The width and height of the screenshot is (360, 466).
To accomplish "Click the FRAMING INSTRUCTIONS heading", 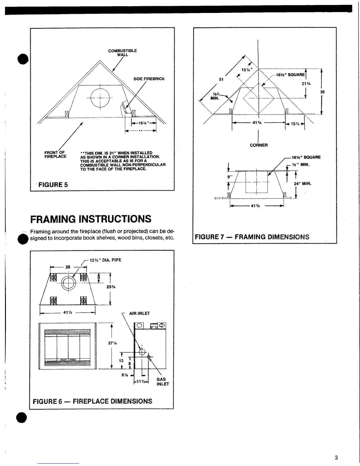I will [91, 219].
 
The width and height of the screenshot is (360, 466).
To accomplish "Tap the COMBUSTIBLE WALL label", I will [122, 53].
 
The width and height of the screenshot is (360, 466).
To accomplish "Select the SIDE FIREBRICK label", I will [149, 79].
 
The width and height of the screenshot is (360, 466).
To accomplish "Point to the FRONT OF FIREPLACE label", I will [55, 154].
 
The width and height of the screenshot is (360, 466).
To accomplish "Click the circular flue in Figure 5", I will [100, 96].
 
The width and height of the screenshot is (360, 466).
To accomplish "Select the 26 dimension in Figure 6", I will [68, 267].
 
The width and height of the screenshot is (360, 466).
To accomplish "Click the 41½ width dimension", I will [68, 313].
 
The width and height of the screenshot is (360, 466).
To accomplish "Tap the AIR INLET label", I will [139, 313].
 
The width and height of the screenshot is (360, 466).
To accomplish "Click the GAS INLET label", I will [163, 382].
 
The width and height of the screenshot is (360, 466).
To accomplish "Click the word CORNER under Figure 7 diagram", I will [259, 145].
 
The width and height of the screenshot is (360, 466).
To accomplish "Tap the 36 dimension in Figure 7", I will [322, 92].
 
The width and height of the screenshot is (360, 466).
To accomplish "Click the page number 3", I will [336, 457].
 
